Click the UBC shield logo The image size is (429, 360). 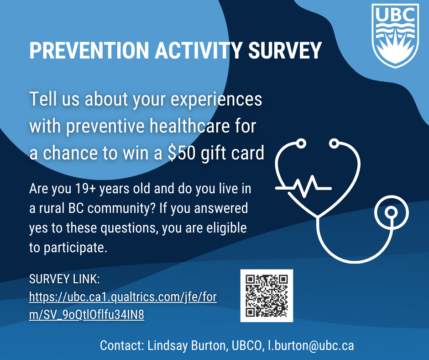(395, 36)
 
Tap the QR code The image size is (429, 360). (267, 296)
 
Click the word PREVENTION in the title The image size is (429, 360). (89, 51)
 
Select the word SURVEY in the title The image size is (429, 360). (285, 51)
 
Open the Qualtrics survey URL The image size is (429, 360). (123, 306)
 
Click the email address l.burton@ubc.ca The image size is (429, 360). (311, 345)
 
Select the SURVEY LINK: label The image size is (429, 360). (64, 279)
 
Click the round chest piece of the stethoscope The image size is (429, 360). (391, 212)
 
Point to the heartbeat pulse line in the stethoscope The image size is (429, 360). (303, 186)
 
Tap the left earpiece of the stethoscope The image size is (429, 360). (301, 143)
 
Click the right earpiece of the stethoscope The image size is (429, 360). (334, 143)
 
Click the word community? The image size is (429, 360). (121, 208)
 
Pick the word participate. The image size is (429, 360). (75, 248)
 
